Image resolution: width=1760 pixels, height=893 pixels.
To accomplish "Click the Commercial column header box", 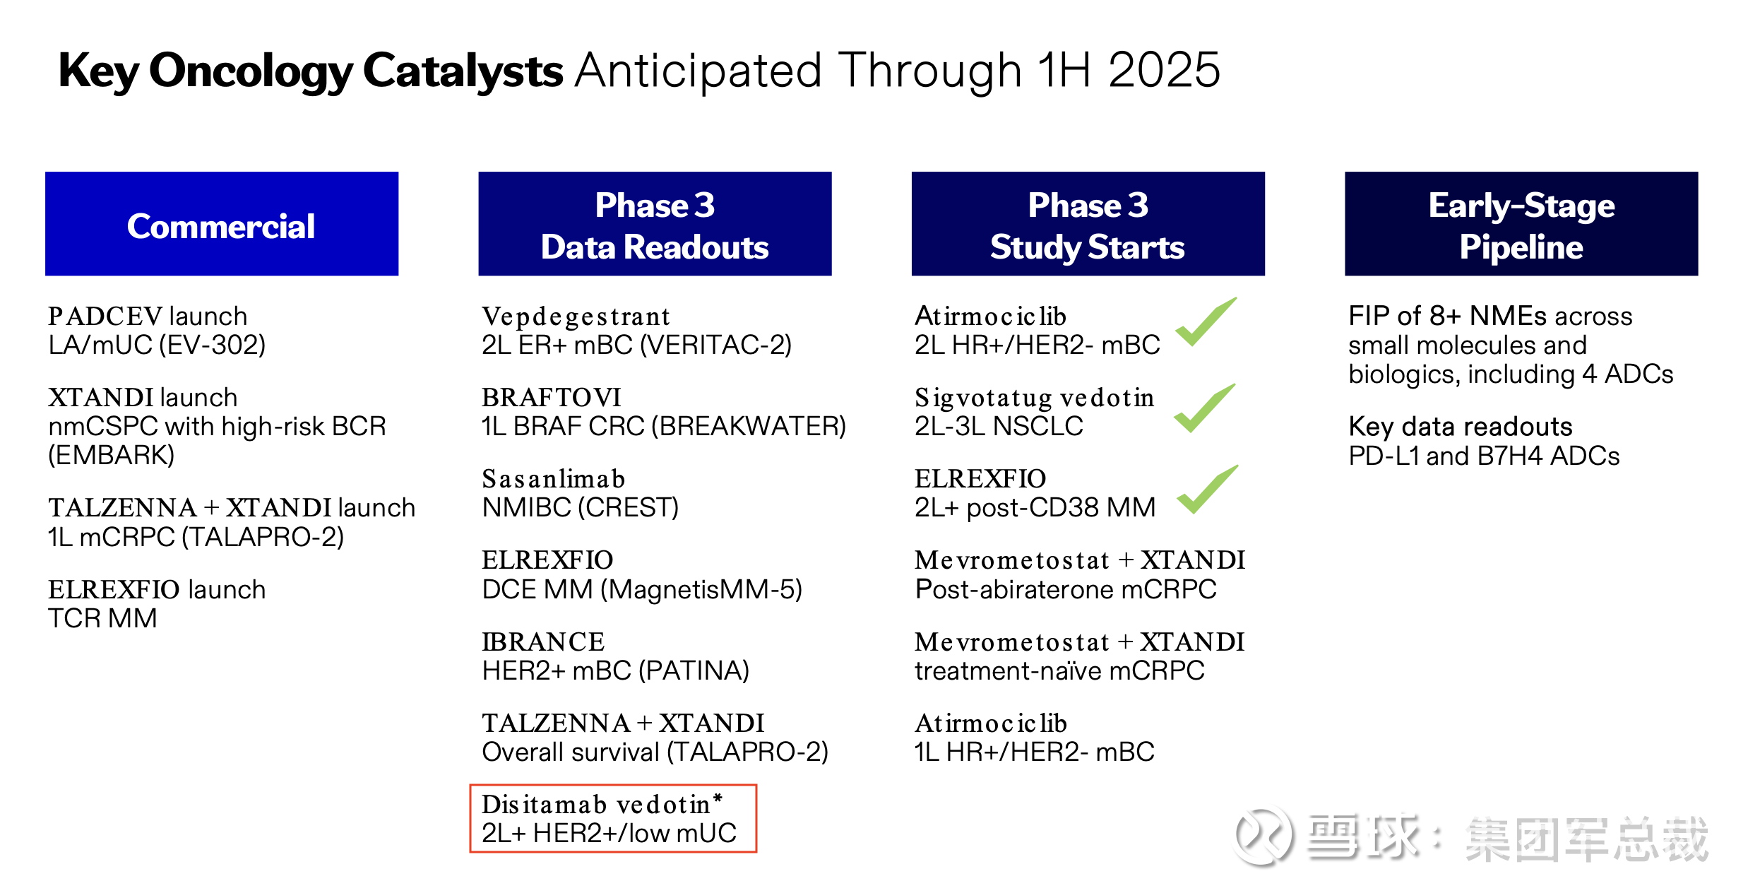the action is click(x=222, y=223).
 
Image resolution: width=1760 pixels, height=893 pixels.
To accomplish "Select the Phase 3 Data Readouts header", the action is click(x=655, y=223).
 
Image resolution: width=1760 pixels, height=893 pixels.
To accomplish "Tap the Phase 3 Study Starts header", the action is click(x=1088, y=223).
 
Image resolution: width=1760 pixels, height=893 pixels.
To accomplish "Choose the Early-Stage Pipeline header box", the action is click(x=1521, y=223).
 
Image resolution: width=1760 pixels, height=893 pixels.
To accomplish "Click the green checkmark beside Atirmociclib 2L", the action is click(x=1205, y=322).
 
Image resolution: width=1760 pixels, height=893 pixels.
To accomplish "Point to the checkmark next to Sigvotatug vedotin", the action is click(x=1204, y=408).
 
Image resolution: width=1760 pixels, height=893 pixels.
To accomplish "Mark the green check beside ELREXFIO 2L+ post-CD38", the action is click(x=1207, y=489).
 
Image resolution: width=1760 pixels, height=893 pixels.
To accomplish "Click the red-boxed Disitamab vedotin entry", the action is click(x=613, y=818).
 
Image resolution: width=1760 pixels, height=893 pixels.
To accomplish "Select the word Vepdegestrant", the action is click(x=576, y=317).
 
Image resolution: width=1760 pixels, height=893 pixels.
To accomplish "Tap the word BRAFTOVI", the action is click(x=552, y=398).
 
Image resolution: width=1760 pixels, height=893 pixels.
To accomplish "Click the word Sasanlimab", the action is click(x=554, y=479).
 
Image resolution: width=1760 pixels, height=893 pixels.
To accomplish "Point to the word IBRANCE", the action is click(x=543, y=641).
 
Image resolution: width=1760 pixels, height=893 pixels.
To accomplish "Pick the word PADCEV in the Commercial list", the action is click(x=105, y=317).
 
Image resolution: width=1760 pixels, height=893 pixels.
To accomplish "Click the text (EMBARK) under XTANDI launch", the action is click(x=111, y=455).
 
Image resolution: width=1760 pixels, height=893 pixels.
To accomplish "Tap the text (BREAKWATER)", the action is click(x=749, y=426).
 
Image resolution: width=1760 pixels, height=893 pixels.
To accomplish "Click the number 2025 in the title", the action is click(x=1164, y=70).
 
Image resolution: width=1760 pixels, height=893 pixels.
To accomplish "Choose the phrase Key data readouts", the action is click(x=1461, y=427).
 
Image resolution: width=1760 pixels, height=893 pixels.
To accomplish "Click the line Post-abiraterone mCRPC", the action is click(x=1066, y=589).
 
